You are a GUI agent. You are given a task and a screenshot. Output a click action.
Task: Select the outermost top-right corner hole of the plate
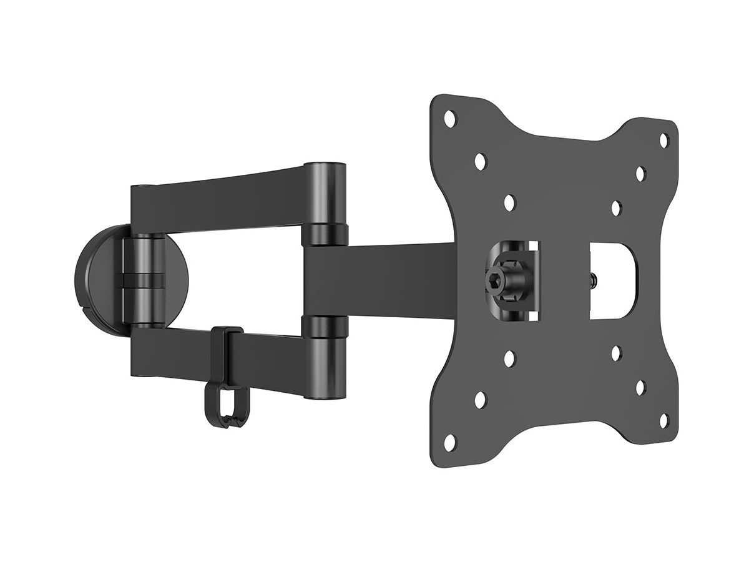[x=664, y=139]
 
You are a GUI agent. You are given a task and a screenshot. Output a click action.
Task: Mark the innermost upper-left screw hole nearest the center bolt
[x=509, y=202]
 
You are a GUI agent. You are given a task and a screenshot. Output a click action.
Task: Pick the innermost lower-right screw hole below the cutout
[x=615, y=353]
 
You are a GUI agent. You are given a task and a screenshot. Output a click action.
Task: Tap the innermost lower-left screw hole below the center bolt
[x=509, y=358]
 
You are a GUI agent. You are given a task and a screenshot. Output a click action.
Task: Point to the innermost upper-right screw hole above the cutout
[x=615, y=207]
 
